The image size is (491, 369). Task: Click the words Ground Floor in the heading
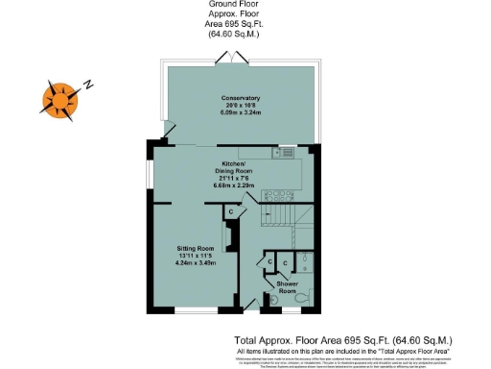pyautogui.click(x=235, y=5)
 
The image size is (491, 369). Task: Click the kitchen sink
pyautogui.click(x=285, y=151)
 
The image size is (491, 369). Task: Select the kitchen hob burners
pyautogui.click(x=265, y=151)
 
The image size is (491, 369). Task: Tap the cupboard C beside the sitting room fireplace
pyautogui.click(x=218, y=211)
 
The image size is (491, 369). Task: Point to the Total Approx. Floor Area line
pyautogui.click(x=342, y=340)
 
